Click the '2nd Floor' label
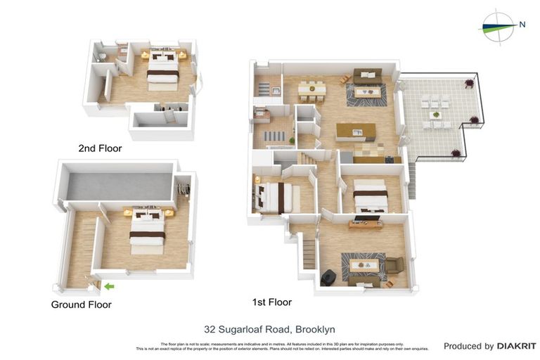tap(100, 148)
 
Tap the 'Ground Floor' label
tap(81, 304)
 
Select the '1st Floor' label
tap(271, 302)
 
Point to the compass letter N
tap(522, 25)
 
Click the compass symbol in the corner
tap(498, 27)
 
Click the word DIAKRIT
tap(516, 346)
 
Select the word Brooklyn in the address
tap(315, 329)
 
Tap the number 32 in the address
tap(210, 329)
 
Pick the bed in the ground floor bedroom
tap(148, 231)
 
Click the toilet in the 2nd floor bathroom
tap(103, 57)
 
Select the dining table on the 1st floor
tap(309, 90)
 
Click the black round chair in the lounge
tap(328, 278)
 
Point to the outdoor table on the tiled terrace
tap(436, 114)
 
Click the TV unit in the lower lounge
tap(365, 224)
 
